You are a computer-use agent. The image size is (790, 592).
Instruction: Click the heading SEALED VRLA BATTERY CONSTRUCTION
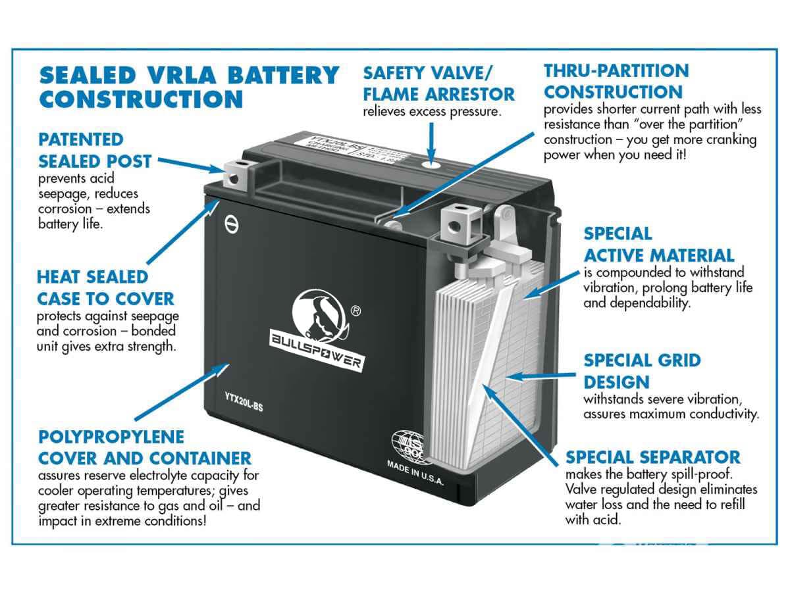point(189,87)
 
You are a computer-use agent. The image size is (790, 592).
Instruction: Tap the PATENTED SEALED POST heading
point(94,150)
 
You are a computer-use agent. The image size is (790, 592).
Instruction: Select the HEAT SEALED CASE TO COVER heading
point(105,287)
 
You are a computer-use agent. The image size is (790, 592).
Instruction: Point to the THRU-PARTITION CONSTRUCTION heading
point(616,81)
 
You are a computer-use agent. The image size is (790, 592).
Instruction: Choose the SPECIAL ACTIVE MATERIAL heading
point(658,244)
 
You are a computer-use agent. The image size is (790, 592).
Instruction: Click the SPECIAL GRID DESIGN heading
point(642,370)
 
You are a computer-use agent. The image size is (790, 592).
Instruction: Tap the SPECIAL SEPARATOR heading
point(652,456)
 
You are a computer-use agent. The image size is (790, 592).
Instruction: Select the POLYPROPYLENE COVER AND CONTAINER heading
point(145,447)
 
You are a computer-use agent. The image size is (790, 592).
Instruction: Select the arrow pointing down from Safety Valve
point(431,141)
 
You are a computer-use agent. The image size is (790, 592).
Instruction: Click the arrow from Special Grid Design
point(540,376)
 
